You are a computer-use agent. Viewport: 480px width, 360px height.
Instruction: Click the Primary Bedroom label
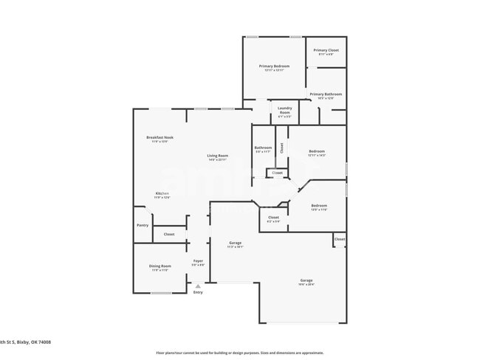pyautogui.click(x=273, y=66)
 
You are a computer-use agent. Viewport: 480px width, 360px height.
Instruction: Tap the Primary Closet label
pyautogui.click(x=326, y=50)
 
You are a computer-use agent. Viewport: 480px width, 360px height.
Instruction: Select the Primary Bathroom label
pyautogui.click(x=326, y=94)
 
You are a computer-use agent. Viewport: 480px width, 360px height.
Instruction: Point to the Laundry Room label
pyautogui.click(x=285, y=110)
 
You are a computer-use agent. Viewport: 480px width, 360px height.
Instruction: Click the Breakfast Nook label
pyautogui.click(x=160, y=138)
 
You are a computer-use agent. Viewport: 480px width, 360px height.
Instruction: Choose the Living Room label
pyautogui.click(x=217, y=156)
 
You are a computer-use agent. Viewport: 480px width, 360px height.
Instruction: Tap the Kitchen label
pyautogui.click(x=162, y=193)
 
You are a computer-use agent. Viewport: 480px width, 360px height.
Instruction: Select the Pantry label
pyautogui.click(x=143, y=226)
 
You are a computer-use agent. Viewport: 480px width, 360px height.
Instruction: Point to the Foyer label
pyautogui.click(x=198, y=261)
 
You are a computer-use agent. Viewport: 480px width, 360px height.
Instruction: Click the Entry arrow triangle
pyautogui.click(x=197, y=285)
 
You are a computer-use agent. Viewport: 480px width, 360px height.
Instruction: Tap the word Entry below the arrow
pyautogui.click(x=198, y=293)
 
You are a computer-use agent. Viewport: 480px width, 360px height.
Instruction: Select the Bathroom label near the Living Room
pyautogui.click(x=263, y=148)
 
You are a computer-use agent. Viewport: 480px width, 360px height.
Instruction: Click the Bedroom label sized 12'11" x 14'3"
pyautogui.click(x=317, y=152)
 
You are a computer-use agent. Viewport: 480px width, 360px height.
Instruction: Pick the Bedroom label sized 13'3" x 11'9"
pyautogui.click(x=319, y=206)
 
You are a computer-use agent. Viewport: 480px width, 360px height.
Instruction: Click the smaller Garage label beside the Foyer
pyautogui.click(x=235, y=243)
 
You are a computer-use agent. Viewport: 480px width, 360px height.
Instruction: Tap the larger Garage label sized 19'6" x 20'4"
pyautogui.click(x=306, y=280)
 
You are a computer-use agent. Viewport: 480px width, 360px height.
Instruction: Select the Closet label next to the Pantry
pyautogui.click(x=169, y=234)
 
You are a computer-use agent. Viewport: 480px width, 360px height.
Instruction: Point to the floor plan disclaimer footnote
pyautogui.click(x=239, y=353)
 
